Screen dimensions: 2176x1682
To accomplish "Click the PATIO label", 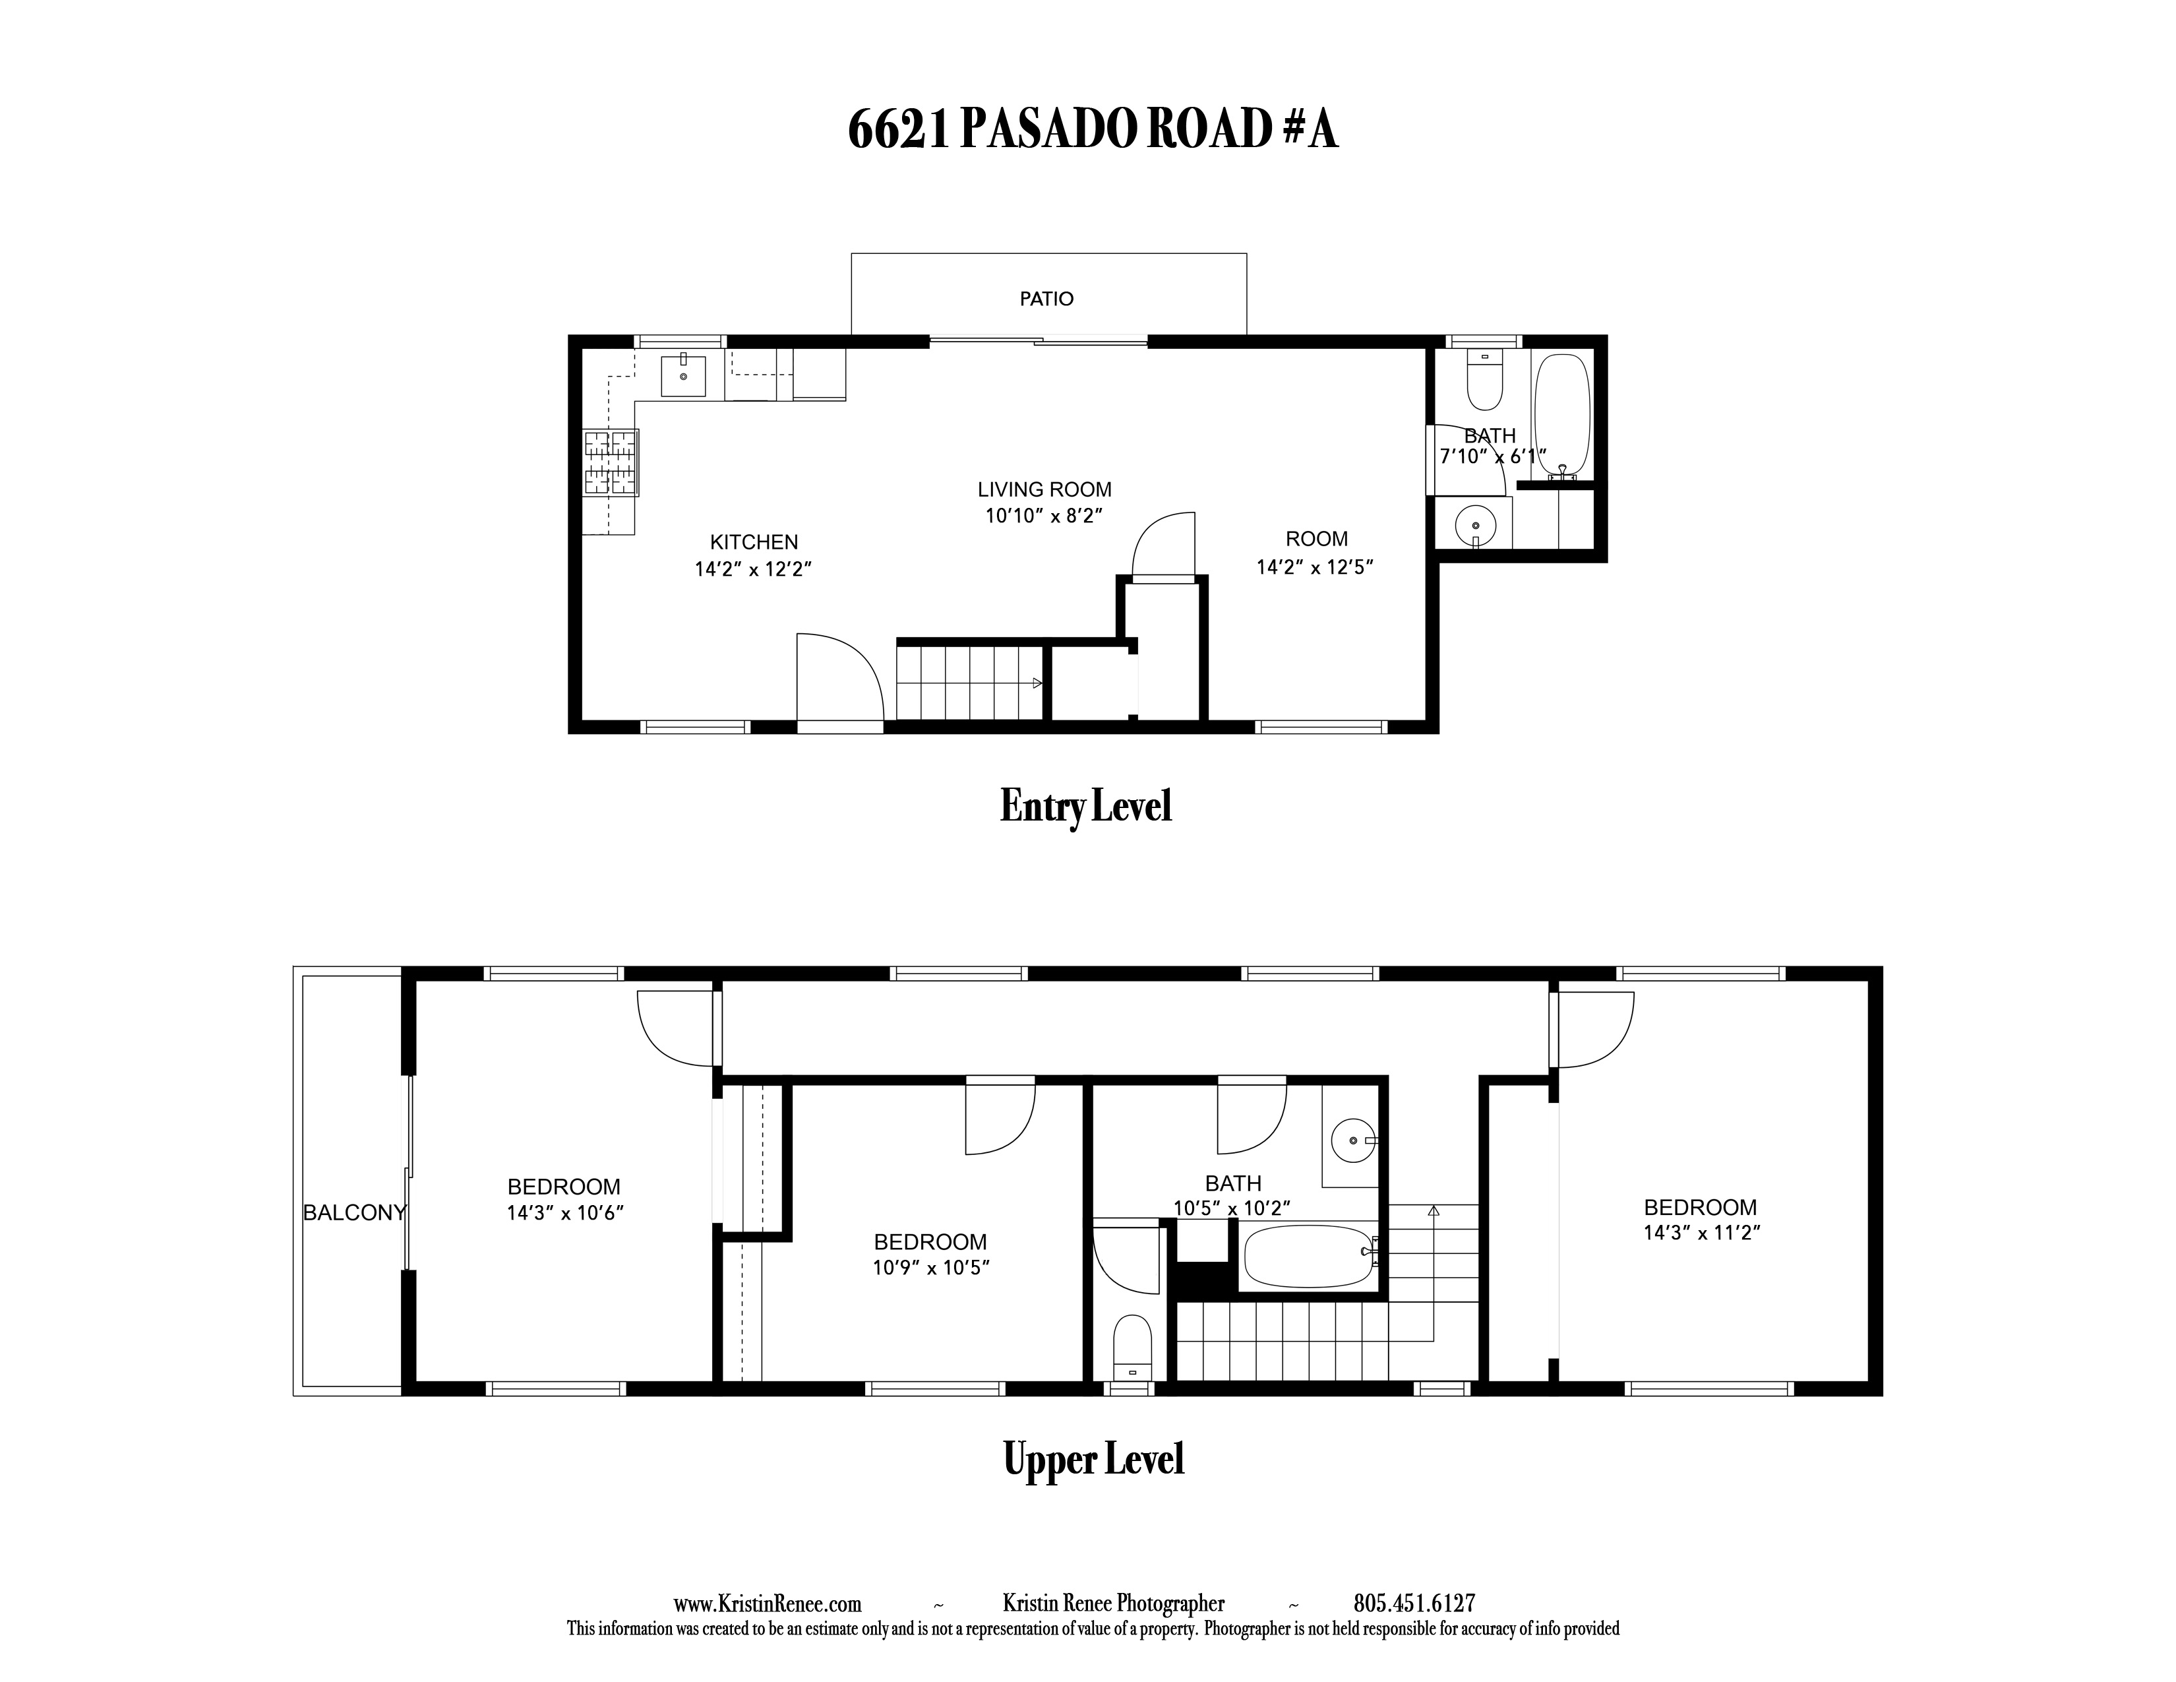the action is click(x=1046, y=299).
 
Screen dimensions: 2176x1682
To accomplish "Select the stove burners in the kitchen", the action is click(x=611, y=462).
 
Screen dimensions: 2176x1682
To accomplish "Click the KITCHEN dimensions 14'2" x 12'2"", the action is click(x=754, y=570).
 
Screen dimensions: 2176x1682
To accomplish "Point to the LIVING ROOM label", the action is click(x=1044, y=490).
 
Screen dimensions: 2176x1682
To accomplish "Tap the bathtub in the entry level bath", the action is click(x=1561, y=418).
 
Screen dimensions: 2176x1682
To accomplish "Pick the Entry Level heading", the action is click(x=1086, y=806).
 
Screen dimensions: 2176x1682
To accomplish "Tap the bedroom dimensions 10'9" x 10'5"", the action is click(x=930, y=1268).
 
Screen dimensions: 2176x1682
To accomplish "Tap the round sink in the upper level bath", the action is click(x=1353, y=1140).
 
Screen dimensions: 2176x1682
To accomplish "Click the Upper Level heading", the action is click(x=1094, y=1460).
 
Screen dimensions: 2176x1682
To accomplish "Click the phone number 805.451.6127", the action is click(x=1414, y=1604).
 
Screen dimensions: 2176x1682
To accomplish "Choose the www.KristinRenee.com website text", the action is click(x=767, y=1604).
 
